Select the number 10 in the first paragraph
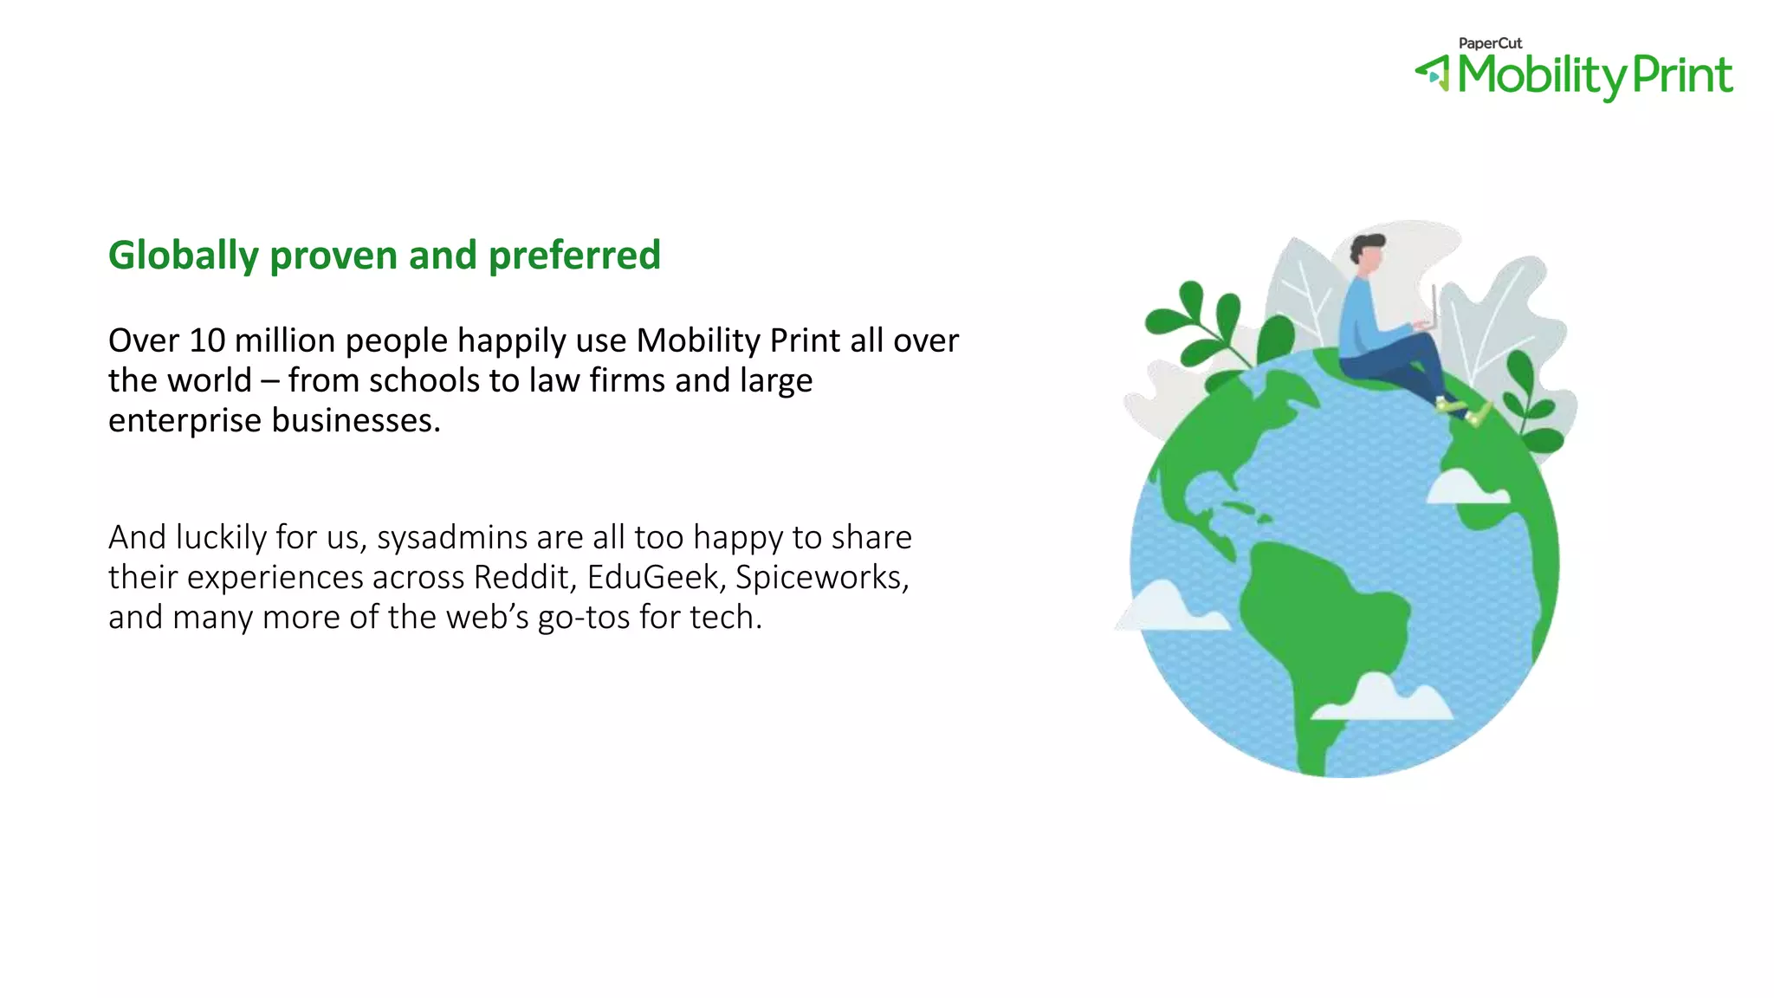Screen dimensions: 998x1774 click(207, 340)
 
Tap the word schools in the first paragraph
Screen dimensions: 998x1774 click(424, 381)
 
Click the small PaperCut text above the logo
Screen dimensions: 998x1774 click(1490, 43)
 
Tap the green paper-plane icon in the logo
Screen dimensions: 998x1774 click(1433, 73)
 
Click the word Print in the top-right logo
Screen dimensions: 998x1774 click(1681, 75)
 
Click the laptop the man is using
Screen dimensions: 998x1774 click(1429, 312)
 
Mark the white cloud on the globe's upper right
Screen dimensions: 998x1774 click(1464, 487)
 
